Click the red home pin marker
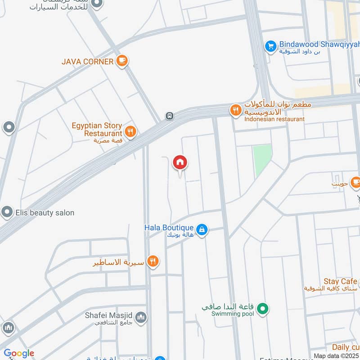[180, 163]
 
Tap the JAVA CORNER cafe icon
[121, 61]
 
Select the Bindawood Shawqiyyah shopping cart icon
[270, 45]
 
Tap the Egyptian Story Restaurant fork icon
[130, 132]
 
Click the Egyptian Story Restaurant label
[97, 130]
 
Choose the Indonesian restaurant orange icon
[235, 110]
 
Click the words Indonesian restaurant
[274, 119]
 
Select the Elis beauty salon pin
[7, 212]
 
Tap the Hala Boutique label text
[169, 228]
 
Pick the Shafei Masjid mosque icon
[141, 317]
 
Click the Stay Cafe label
[340, 282]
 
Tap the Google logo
[19, 353]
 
